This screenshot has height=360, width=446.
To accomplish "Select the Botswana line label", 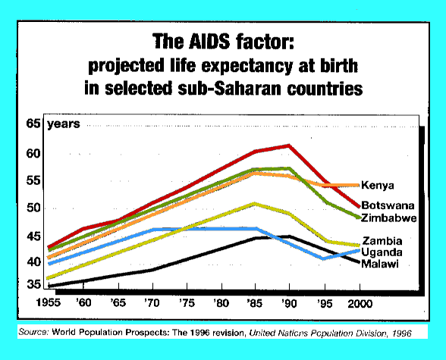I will (387, 205).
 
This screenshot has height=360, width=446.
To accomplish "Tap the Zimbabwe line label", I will (389, 218).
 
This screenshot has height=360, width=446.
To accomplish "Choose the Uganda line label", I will (382, 252).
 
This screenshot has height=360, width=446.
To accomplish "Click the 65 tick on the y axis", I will (33, 124).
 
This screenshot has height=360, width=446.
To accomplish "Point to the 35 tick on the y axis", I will (33, 285).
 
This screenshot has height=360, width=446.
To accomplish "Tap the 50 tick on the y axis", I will (33, 208).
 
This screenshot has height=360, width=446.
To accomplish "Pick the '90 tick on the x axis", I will (288, 302).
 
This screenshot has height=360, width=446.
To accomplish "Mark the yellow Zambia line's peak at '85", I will (256, 203).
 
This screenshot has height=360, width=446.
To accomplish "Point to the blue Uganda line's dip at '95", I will (324, 258).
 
